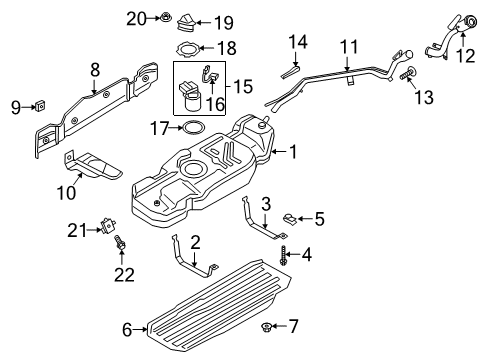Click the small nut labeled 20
point(163,17)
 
